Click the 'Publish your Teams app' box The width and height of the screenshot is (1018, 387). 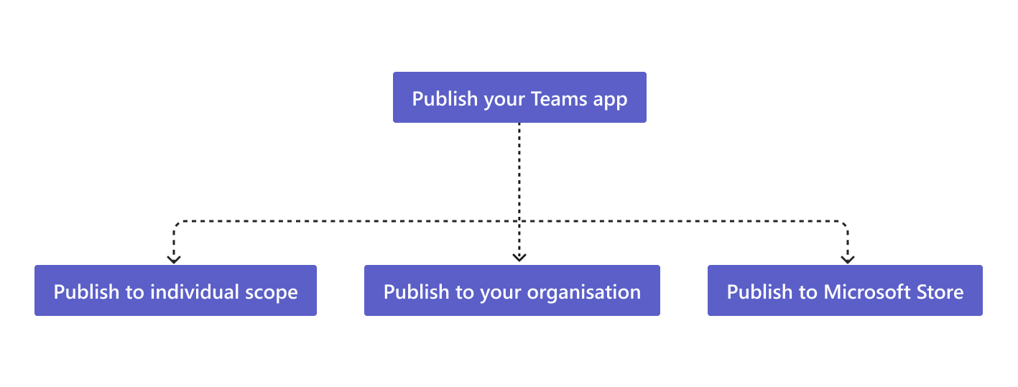pos(519,97)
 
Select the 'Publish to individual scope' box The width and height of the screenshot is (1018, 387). pos(175,290)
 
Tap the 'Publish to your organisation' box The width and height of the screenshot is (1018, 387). pos(512,290)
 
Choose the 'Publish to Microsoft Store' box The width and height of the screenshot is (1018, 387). pos(845,290)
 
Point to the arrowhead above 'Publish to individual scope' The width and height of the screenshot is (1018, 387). pos(173,257)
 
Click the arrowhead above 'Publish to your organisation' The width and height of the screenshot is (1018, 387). pos(519,257)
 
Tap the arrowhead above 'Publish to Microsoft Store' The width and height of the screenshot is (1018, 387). pos(848,257)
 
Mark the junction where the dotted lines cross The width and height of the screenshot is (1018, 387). pos(519,221)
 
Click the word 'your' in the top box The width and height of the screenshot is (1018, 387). pos(505,100)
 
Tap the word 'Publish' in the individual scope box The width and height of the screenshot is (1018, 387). pos(83,292)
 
